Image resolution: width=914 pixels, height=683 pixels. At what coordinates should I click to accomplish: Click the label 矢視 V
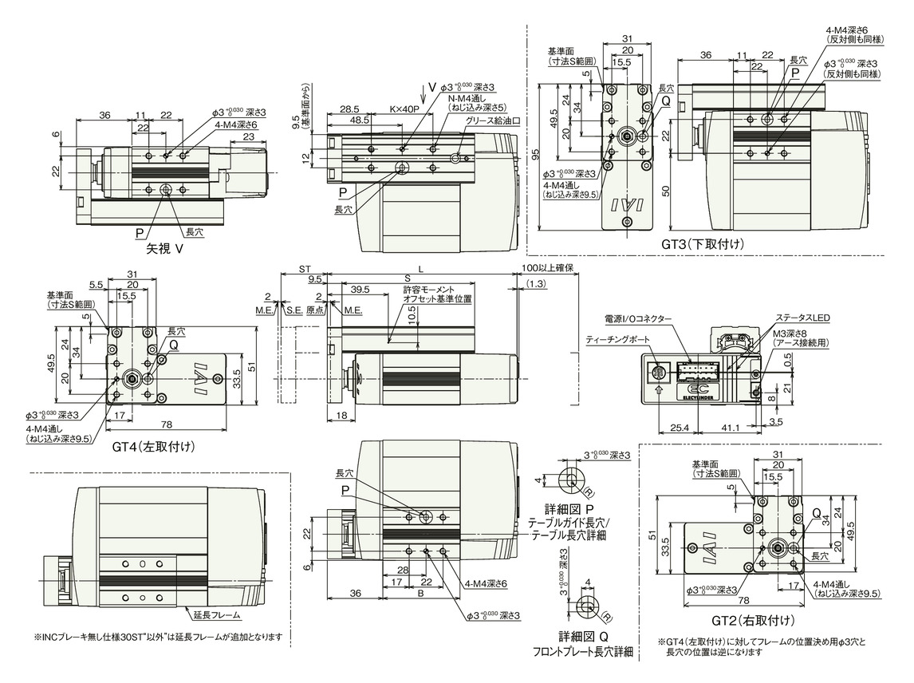(165, 248)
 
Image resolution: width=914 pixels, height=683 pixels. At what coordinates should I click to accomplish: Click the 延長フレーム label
(215, 615)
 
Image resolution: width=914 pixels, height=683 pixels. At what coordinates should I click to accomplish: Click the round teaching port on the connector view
(658, 372)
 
